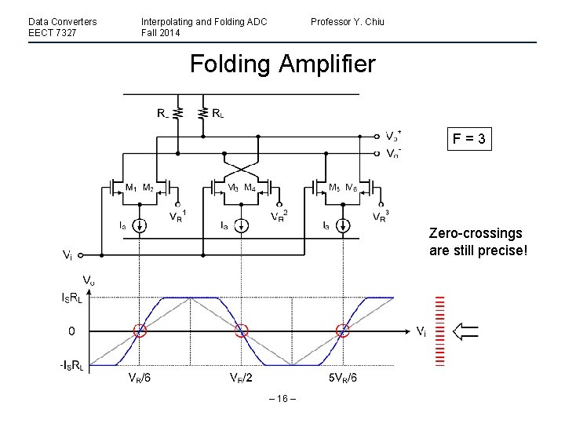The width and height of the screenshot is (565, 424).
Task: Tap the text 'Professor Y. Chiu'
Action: coord(348,21)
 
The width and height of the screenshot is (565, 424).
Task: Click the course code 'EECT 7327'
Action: coord(52,32)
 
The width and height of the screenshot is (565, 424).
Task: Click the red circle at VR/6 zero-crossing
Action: coord(140,331)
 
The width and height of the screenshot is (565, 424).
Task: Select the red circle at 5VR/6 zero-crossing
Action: coord(342,331)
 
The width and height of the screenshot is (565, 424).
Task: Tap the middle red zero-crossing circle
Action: coord(241,331)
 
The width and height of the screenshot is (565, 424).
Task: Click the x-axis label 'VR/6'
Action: coord(141,378)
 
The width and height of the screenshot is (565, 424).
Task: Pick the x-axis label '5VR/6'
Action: coord(344,378)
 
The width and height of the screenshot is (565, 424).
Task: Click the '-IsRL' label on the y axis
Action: coord(75,367)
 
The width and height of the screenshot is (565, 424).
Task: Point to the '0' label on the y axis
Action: coord(71,331)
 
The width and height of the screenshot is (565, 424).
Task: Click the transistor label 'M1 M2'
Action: coord(139,188)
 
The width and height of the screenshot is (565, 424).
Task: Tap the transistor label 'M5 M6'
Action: coord(342,188)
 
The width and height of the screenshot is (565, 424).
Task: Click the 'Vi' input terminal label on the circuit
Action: coord(68,255)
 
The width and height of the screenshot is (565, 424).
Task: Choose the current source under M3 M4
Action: coord(241,225)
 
